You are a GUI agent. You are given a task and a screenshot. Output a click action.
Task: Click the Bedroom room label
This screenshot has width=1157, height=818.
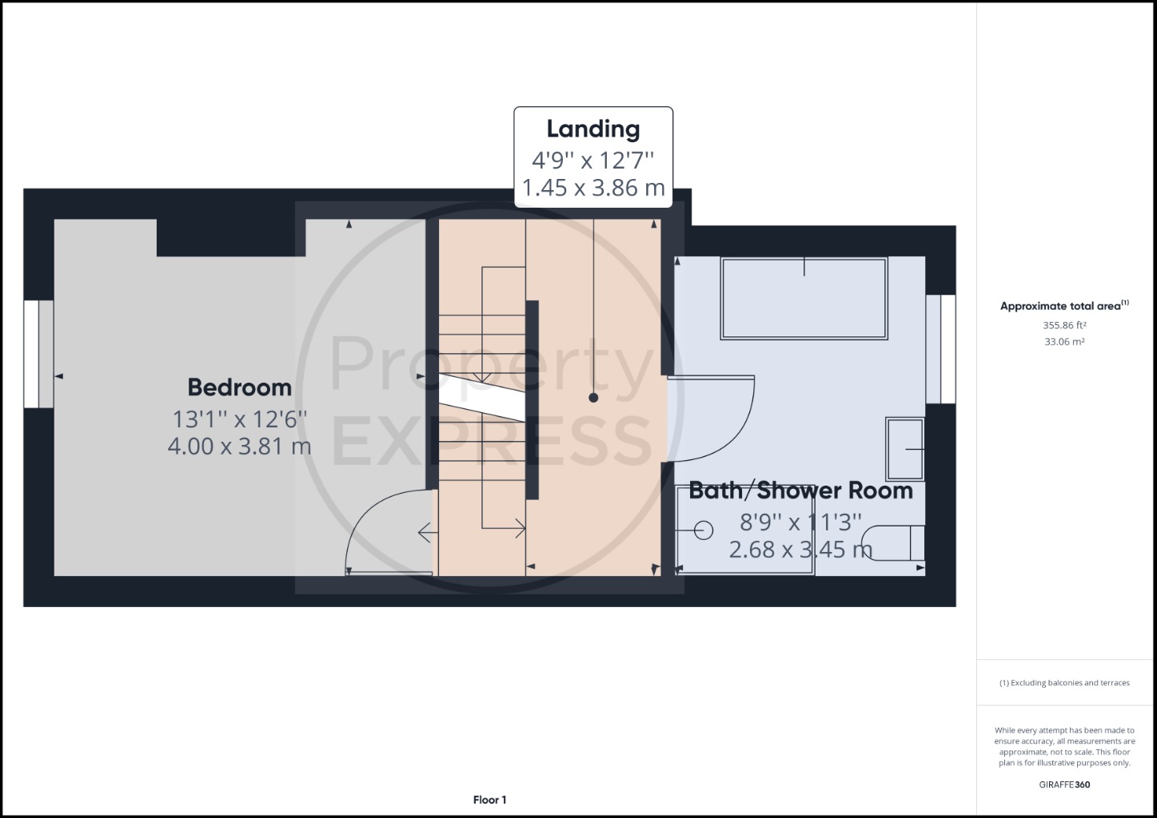240,387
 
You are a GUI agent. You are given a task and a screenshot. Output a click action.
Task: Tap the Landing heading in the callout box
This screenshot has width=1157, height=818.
593,129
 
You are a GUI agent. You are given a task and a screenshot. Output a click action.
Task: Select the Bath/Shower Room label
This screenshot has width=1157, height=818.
801,490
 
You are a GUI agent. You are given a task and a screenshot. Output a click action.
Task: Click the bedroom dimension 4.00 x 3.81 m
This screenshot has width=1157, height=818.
240,447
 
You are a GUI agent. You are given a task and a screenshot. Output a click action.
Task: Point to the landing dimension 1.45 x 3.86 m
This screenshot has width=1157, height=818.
593,188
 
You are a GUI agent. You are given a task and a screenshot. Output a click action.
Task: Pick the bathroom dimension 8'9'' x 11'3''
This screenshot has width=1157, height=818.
801,522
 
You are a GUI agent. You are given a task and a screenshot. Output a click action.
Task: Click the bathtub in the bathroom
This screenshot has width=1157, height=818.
804,298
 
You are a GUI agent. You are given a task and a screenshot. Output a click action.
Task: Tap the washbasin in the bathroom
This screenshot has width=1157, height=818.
905,450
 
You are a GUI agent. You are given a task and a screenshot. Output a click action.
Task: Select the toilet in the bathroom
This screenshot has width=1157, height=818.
894,543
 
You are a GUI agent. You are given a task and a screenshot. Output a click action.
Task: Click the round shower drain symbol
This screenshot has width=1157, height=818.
703,530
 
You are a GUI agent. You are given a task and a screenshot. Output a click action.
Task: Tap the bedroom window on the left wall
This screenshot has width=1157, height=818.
38,354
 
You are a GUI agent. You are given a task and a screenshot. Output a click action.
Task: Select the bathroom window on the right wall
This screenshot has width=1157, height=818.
940,349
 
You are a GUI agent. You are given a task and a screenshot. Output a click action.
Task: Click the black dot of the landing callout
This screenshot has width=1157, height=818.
593,398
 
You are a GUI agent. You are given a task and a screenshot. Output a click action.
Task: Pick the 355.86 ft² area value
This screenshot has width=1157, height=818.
1064,325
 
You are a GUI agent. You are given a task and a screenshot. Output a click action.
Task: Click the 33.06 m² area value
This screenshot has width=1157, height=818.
1064,342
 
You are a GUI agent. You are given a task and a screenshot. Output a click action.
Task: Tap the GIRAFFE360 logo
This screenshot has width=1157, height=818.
1064,785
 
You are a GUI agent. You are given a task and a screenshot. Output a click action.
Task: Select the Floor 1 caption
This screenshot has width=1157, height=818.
489,800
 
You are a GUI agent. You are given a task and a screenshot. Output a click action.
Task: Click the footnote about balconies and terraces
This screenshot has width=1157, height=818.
1064,683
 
